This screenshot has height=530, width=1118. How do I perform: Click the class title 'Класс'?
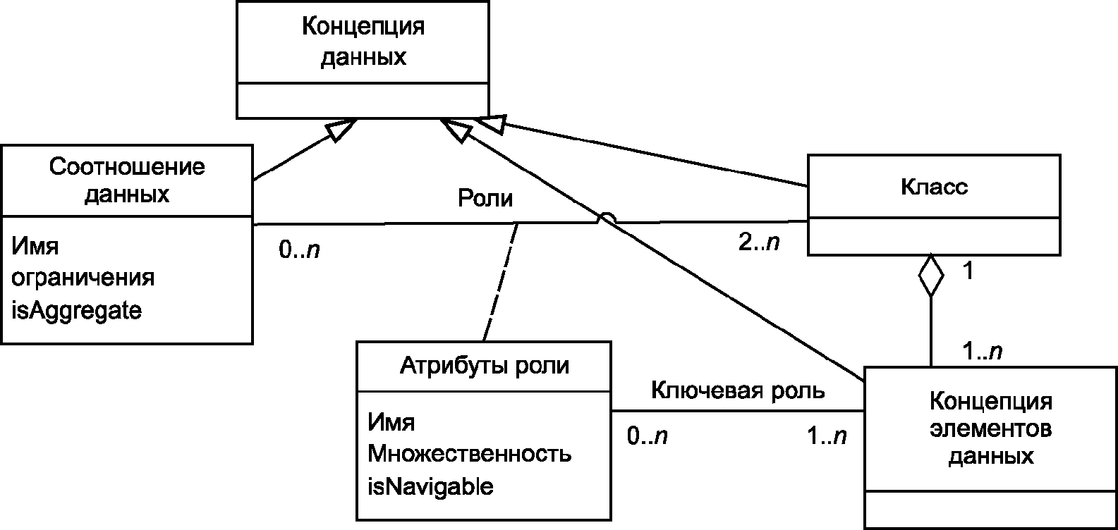(934, 187)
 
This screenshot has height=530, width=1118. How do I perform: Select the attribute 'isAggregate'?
(76, 311)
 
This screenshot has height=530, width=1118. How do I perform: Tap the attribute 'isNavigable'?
(430, 486)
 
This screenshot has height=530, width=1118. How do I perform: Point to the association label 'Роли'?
(485, 198)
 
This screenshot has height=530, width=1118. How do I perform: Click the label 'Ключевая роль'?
(738, 390)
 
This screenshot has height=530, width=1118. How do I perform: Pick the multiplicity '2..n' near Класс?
(759, 242)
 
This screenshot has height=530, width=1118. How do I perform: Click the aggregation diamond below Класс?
(931, 276)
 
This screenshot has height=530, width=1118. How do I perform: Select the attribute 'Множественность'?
(469, 454)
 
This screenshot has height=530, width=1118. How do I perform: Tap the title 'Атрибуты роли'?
(484, 366)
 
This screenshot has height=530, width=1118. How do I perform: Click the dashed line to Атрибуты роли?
(501, 282)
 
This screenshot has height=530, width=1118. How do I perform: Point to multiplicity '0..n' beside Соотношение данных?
(299, 249)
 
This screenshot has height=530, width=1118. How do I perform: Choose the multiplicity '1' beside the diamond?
(968, 271)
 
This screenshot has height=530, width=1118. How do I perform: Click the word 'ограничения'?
(83, 278)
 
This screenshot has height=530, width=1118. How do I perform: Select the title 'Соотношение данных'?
(127, 180)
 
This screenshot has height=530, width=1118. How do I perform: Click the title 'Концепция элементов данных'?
(991, 429)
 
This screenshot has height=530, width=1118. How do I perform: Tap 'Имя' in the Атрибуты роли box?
(391, 422)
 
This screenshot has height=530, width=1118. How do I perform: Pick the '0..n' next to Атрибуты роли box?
(647, 436)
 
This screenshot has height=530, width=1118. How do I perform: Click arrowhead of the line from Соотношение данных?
(341, 130)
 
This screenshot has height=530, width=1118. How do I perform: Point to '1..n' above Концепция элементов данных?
(983, 352)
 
